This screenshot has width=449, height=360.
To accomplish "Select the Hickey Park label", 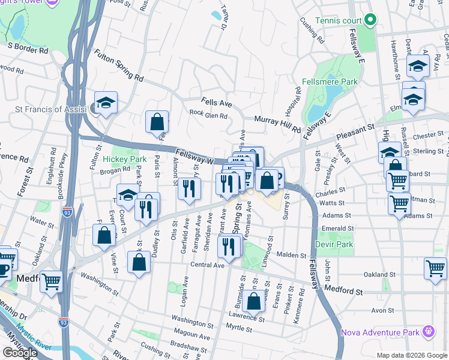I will (x=124, y=159).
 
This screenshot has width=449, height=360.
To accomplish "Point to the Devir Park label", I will (x=334, y=245).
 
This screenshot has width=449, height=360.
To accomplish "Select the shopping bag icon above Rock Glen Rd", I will (x=157, y=122).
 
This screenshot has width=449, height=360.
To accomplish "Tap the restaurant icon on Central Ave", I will (x=229, y=245).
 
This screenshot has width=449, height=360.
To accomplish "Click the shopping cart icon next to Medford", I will (x=52, y=280).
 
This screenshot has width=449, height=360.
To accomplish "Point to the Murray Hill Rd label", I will (x=277, y=124).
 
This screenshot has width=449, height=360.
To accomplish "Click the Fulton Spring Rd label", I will (x=118, y=66).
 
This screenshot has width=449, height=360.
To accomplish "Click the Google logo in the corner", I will (x=20, y=352).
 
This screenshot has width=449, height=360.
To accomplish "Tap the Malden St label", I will (x=291, y=255).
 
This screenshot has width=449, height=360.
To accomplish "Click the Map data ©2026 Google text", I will (x=411, y=355).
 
